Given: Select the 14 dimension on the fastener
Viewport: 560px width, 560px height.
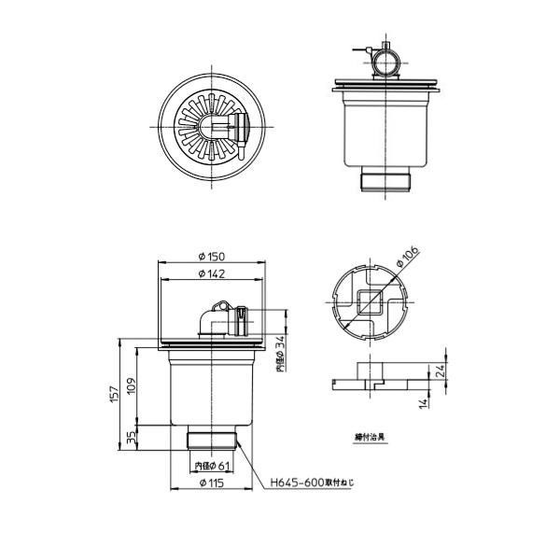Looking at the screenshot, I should [423, 402].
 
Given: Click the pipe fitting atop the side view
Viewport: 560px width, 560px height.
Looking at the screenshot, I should [382, 60].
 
